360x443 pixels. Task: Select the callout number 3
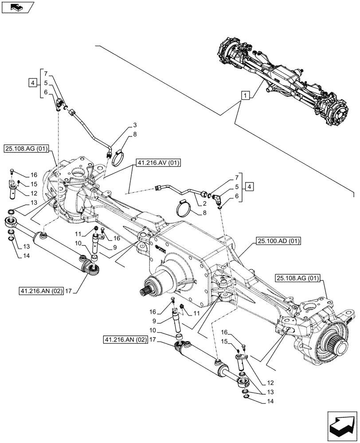pyautogui.click(x=122, y=125)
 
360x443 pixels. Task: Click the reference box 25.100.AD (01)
pyautogui.click(x=278, y=241)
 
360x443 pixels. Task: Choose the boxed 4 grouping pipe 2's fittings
pyautogui.click(x=250, y=187)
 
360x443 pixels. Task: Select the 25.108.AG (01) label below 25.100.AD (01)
pyautogui.click(x=298, y=278)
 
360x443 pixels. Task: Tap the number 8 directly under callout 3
pyautogui.click(x=122, y=134)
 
